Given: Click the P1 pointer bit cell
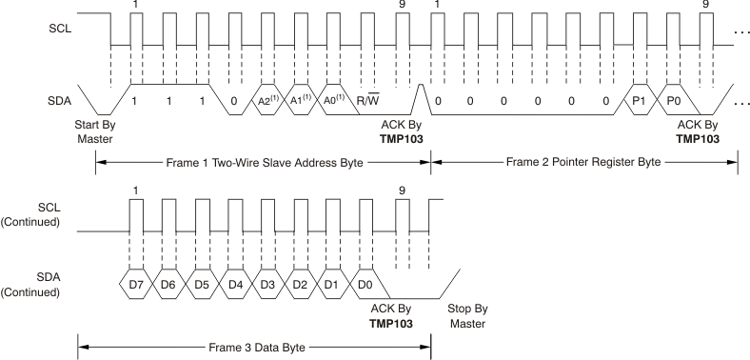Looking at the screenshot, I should pyautogui.click(x=639, y=100).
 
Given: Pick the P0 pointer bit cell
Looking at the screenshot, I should pyautogui.click(x=673, y=100).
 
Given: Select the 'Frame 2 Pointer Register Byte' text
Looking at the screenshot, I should pyautogui.click(x=583, y=162).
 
